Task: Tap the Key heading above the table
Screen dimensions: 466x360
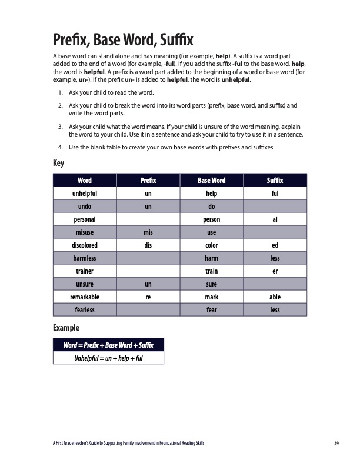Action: (x=59, y=163)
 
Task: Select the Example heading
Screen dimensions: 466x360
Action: (x=66, y=327)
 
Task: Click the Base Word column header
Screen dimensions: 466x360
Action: (x=212, y=181)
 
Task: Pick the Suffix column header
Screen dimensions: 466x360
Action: (x=275, y=181)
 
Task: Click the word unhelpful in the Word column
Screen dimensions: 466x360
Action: (x=85, y=193)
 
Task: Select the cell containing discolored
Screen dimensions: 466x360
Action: (x=85, y=245)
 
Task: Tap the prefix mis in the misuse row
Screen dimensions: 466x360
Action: (x=148, y=232)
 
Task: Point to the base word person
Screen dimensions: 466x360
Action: (x=212, y=219)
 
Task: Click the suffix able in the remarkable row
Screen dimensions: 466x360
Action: (x=275, y=297)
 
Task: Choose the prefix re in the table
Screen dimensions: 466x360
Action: (x=148, y=297)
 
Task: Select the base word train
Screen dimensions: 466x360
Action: (x=212, y=271)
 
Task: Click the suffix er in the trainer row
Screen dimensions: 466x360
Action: (x=275, y=271)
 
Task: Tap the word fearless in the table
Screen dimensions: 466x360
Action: (x=85, y=310)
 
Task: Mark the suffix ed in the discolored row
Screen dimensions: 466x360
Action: (x=275, y=245)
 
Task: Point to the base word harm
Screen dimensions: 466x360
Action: (x=212, y=258)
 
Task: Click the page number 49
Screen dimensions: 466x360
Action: (x=336, y=442)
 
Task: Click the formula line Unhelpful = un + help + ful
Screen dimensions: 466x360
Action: (x=108, y=357)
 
